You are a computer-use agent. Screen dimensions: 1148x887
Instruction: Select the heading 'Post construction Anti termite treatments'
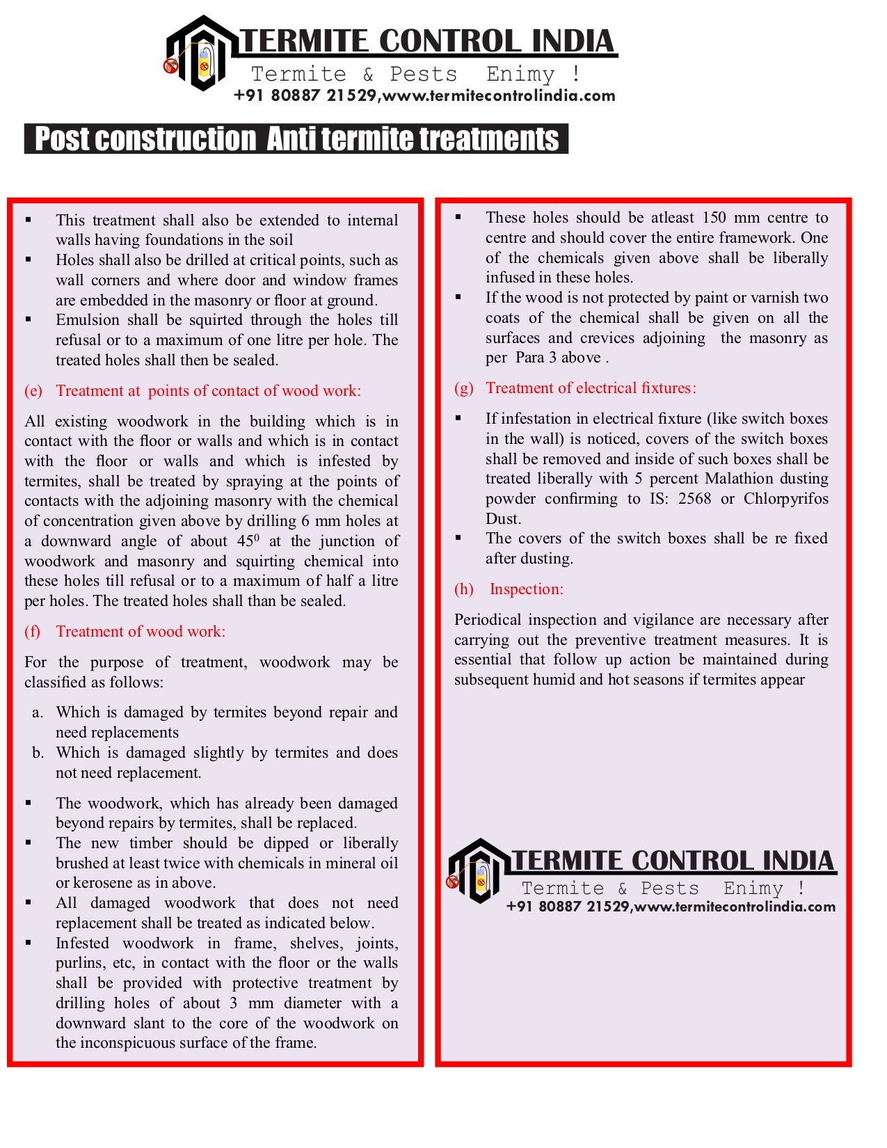tap(296, 139)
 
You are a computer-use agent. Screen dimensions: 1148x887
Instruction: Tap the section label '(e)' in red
tap(33, 391)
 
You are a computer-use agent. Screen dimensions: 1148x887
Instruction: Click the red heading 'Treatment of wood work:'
tap(141, 632)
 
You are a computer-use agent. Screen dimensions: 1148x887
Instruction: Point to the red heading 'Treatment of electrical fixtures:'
tap(591, 388)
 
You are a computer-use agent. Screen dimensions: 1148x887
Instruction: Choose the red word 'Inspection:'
tap(527, 589)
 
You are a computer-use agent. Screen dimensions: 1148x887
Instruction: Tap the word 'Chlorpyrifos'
tap(786, 499)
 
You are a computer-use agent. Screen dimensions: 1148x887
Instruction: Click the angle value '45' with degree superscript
tap(248, 541)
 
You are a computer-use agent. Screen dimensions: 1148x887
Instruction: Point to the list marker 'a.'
tap(38, 713)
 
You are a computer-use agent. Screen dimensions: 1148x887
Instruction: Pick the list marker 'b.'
tap(38, 754)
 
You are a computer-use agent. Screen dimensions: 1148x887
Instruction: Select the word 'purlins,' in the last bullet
tap(80, 963)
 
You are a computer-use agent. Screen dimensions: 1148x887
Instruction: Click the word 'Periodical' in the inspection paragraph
tap(487, 620)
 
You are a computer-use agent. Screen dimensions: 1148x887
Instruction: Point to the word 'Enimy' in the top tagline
tap(520, 74)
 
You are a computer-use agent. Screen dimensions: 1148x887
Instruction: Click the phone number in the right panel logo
tap(568, 907)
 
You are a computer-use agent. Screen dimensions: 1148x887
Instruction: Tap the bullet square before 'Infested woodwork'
tap(29, 943)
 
